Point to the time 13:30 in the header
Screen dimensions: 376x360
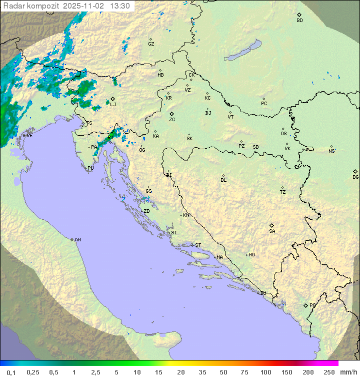119,6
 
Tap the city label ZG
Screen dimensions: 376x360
172,120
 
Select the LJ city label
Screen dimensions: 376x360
113,104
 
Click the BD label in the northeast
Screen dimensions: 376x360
299,21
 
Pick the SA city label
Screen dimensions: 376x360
272,231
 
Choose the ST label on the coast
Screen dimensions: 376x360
198,245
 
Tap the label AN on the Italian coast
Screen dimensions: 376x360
77,240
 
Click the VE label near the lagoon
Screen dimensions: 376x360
29,136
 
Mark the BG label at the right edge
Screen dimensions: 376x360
355,177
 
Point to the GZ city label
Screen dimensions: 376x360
151,44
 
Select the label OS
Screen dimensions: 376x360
283,134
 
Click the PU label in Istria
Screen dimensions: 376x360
90,168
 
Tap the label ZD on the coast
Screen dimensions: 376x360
146,211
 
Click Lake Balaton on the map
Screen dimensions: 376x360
243,51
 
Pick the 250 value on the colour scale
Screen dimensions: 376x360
329,372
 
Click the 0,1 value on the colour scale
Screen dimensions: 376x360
11,372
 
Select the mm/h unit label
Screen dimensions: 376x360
347,372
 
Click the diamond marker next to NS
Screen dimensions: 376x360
331,147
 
